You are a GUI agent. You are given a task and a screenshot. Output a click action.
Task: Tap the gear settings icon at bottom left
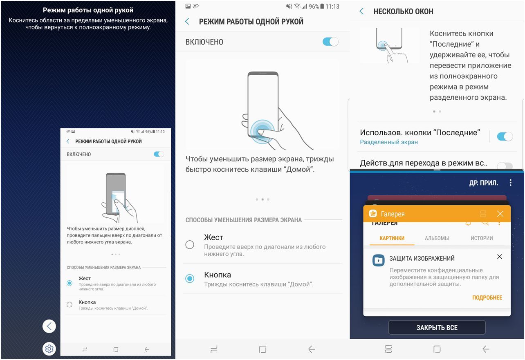49,349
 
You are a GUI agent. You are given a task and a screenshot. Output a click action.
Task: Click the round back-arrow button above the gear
49,326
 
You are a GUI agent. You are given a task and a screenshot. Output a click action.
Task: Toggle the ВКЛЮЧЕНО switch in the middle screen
330,42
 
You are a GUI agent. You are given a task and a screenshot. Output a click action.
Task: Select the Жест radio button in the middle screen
190,244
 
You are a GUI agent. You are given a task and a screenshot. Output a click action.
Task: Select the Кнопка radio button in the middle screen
190,278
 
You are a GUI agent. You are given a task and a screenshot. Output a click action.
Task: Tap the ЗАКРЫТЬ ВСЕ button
437,328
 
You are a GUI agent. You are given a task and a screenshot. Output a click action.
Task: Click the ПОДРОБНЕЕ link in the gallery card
487,297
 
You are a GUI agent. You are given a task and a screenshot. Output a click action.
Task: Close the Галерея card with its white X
500,214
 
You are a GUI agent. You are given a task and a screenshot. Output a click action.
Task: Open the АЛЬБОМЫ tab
437,238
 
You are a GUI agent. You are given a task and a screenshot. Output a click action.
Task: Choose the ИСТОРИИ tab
482,238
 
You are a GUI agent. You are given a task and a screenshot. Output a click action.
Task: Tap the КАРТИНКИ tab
392,238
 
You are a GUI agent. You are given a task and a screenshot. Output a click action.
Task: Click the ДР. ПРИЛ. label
484,183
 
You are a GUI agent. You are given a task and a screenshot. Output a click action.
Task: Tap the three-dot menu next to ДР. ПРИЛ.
510,183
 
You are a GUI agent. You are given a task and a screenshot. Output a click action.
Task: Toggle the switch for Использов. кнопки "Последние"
505,136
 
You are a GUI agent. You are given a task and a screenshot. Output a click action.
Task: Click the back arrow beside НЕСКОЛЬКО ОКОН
361,11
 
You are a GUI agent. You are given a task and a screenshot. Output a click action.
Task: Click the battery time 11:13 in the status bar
332,7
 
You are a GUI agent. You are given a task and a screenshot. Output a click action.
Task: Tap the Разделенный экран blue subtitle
389,142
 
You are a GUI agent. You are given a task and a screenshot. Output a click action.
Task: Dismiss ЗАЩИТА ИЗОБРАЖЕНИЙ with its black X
499,257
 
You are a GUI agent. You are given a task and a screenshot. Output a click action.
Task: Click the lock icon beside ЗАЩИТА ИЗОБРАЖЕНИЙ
379,260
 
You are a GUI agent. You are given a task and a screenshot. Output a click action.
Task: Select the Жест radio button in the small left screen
70,283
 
